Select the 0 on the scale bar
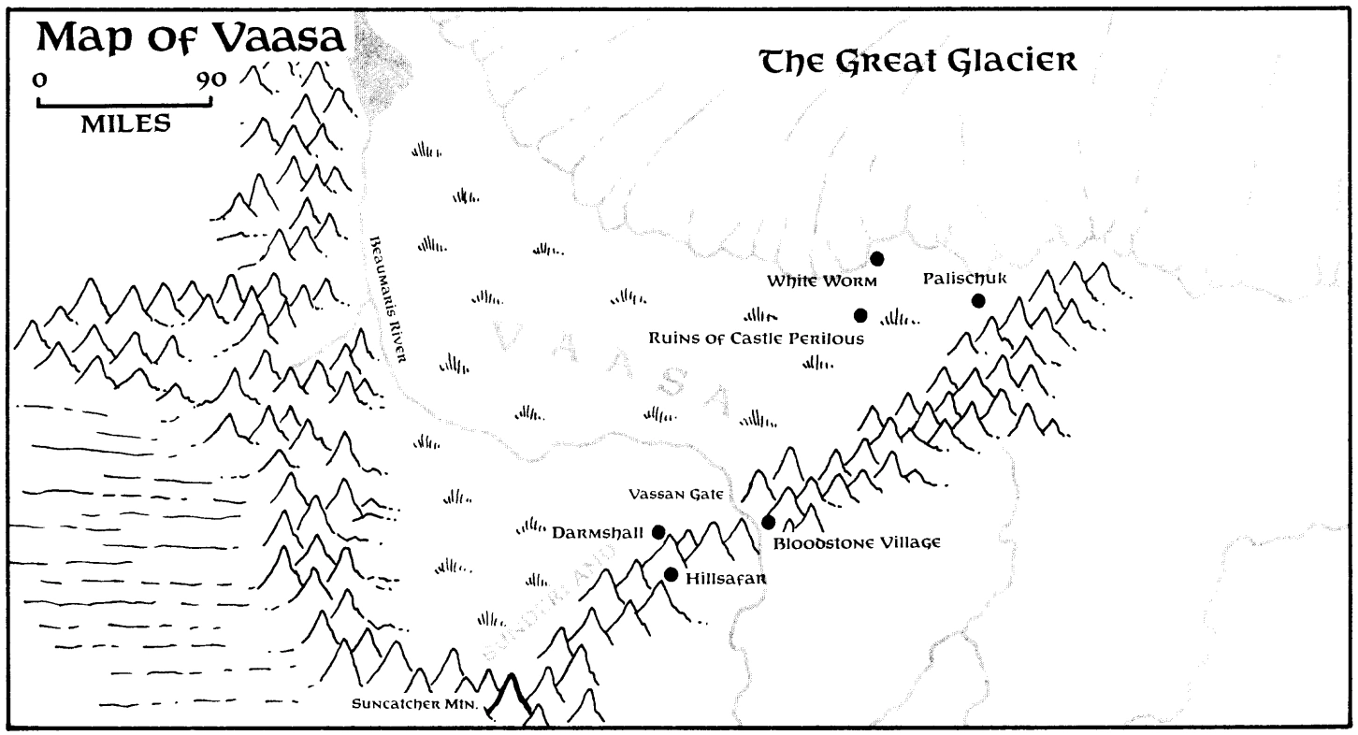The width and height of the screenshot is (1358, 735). click(38, 79)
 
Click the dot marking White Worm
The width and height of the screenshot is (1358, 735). click(877, 259)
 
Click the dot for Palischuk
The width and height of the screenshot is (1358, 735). click(978, 300)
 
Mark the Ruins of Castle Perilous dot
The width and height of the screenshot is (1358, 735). click(860, 315)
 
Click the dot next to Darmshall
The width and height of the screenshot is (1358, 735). click(658, 532)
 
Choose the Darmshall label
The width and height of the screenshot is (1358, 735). click(597, 533)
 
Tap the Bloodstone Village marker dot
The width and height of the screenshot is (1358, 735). click(769, 522)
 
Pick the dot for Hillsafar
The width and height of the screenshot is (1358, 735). click(671, 574)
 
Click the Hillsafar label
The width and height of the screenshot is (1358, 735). click(726, 579)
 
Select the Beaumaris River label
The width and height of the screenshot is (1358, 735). click(384, 300)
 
